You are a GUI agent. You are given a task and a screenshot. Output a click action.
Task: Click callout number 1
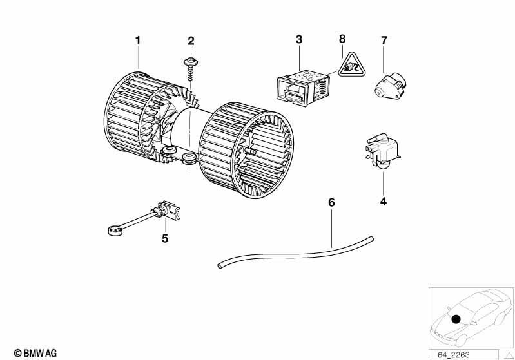point(137,41)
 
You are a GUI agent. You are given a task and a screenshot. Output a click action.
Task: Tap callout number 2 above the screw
point(191,41)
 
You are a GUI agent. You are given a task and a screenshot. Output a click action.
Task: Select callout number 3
point(299,40)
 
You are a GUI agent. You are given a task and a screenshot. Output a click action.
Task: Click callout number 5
point(165,238)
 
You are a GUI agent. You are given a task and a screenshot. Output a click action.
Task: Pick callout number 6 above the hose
point(332,202)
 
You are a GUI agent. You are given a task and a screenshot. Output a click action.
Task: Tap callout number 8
point(342,40)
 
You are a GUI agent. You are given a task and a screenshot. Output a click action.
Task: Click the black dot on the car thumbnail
point(456,319)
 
